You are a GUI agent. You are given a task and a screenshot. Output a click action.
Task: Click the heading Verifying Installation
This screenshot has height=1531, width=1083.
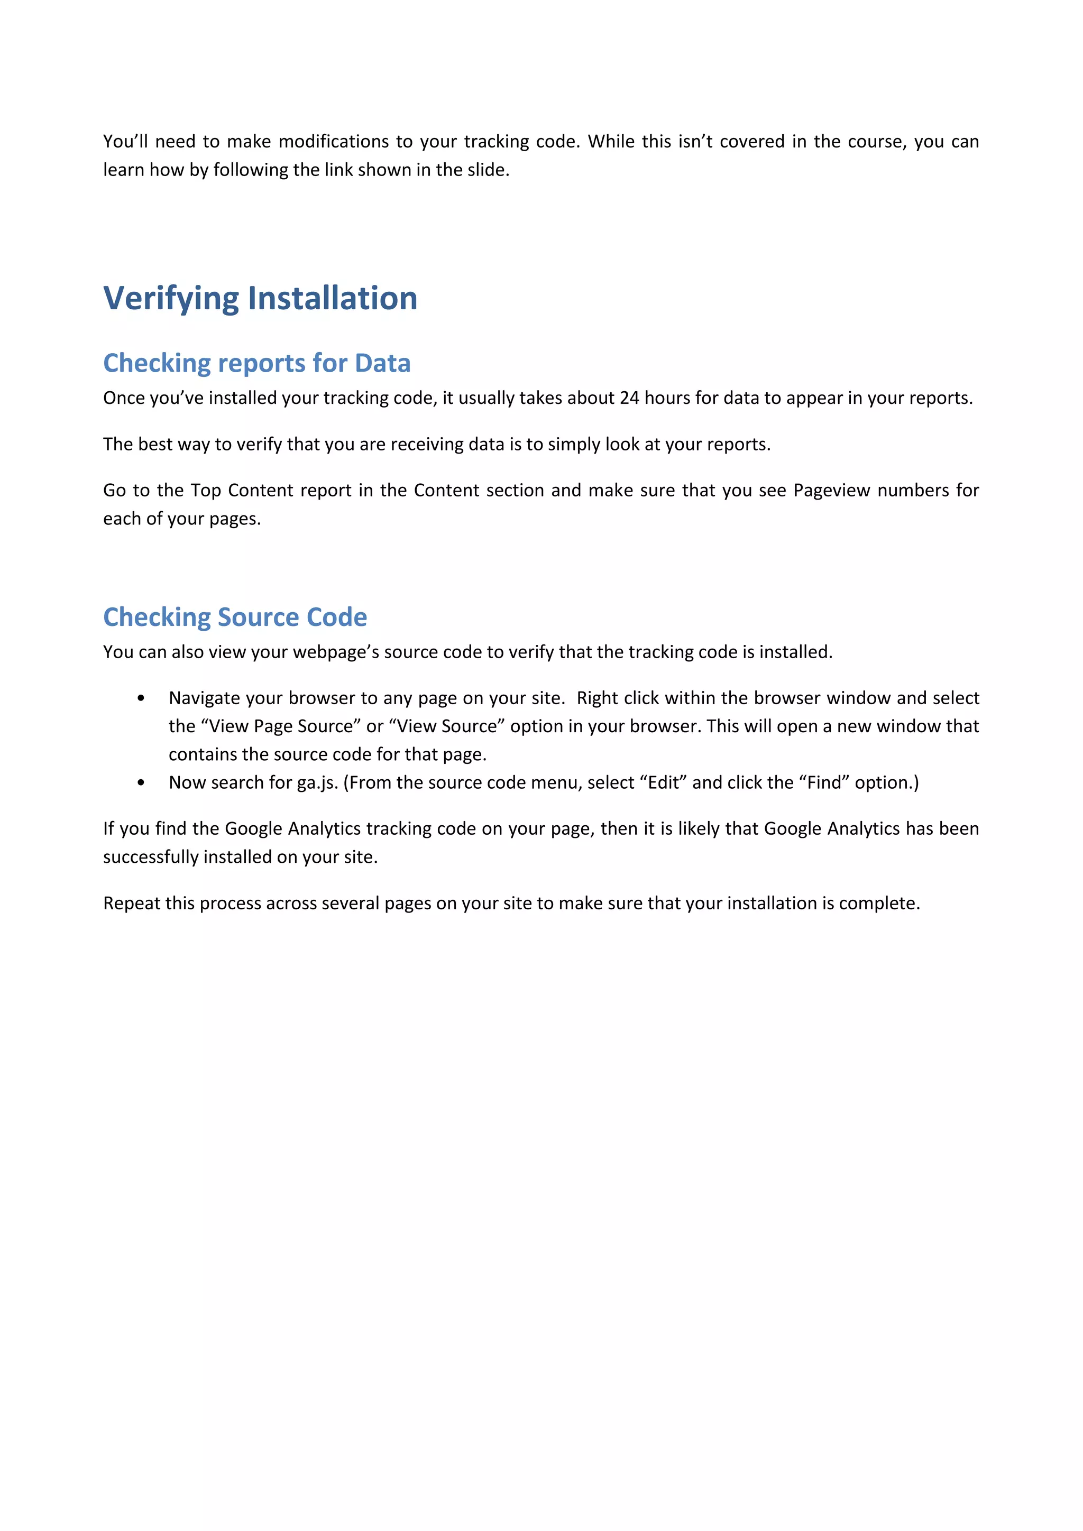pos(260,298)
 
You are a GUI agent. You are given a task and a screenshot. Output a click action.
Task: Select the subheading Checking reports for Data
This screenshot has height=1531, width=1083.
pos(257,363)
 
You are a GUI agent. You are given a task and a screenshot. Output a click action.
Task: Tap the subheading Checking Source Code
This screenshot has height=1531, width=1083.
pos(235,617)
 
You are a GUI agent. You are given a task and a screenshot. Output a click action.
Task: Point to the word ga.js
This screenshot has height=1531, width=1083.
pos(317,783)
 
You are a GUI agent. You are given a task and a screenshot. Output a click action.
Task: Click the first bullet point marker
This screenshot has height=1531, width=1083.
pos(141,698)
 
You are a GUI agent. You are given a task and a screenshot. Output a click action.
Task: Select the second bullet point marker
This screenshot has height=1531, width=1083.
pos(141,783)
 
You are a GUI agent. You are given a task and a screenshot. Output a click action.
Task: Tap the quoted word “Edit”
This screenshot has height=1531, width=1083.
pos(663,783)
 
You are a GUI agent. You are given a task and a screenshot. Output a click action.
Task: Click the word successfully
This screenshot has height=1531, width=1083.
pos(150,857)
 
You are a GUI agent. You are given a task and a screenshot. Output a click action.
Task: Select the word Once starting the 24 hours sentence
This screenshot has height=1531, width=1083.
pos(123,398)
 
